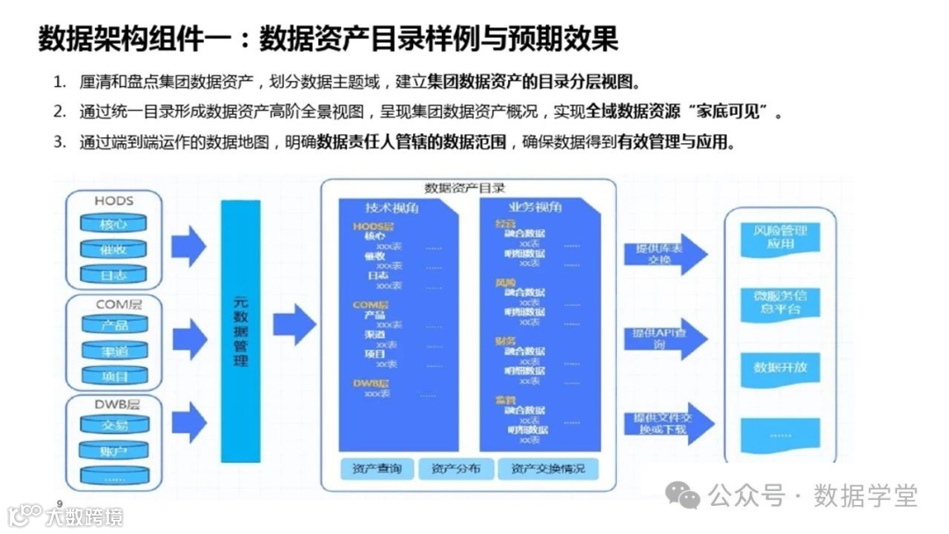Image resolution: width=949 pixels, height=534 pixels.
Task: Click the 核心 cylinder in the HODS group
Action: pos(113,224)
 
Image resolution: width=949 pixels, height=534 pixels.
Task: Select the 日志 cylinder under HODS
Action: pos(113,275)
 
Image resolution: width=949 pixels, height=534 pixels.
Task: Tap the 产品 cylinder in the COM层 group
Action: pos(113,325)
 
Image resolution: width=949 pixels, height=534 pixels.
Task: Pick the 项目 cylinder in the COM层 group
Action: pos(113,376)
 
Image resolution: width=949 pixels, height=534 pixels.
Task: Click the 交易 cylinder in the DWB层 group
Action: pos(113,426)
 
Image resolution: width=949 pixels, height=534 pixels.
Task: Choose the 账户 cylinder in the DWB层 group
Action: pos(113,451)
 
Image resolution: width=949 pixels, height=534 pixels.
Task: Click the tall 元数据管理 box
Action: pos(241,331)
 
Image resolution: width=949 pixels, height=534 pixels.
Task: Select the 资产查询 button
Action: pos(376,469)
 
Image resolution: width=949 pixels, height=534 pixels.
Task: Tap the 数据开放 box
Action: pos(779,367)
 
